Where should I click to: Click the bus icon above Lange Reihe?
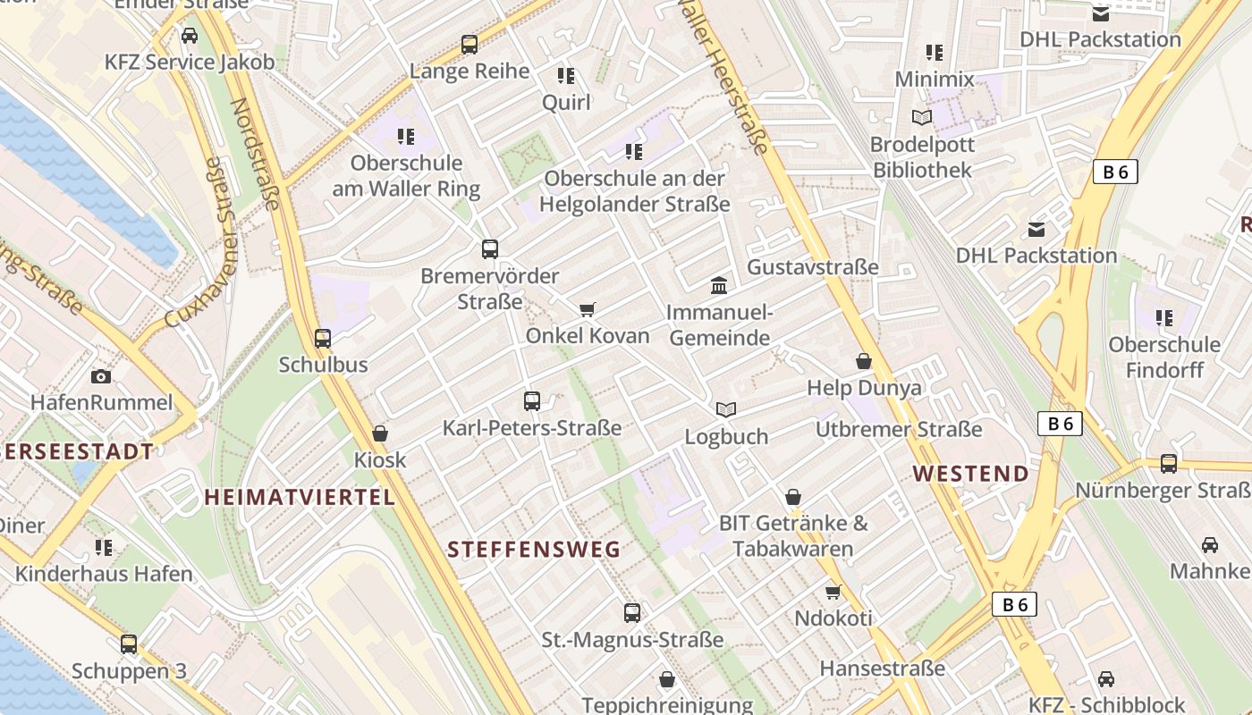coord(469,44)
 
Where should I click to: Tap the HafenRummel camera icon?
coord(101,376)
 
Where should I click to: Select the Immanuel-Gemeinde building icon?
coord(719,285)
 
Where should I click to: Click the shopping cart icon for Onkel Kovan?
coord(588,309)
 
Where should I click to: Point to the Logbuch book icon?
coord(726,409)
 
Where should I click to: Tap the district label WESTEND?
coord(971,474)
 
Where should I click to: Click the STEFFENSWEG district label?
coord(534,550)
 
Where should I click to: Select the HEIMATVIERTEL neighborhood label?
coord(300,498)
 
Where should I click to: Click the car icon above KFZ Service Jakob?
coord(190,36)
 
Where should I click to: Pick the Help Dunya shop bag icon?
coord(864,361)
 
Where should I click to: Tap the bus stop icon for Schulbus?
coord(323,339)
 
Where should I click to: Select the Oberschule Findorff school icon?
coord(1163,317)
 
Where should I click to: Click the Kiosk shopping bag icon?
coord(380,433)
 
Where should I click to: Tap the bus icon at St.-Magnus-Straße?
coord(632,613)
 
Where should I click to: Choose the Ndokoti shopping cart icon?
coord(833,592)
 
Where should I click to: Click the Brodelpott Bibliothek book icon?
coord(922,117)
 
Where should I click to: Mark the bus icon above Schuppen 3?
coord(129,644)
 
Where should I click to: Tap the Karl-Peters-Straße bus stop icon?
coord(532,401)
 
